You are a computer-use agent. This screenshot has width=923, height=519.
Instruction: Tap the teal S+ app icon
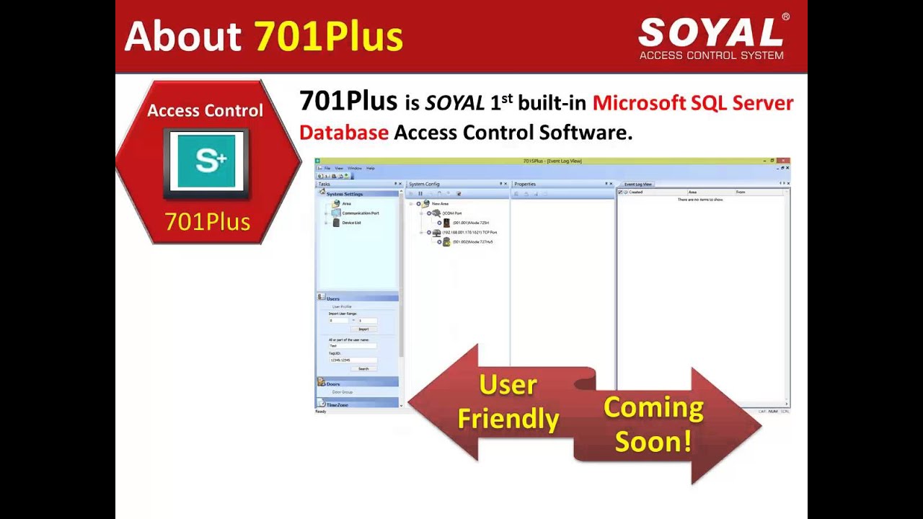[x=207, y=161]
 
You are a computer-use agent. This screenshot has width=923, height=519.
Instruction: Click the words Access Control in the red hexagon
[x=205, y=110]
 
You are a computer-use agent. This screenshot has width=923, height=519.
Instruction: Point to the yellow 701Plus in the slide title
[x=328, y=36]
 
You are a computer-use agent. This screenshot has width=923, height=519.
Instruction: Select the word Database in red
[x=343, y=133]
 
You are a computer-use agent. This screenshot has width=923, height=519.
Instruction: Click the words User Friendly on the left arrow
[x=508, y=402]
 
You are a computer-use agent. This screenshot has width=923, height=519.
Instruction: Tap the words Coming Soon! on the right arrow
[x=653, y=424]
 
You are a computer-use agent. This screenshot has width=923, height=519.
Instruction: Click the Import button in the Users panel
[x=363, y=329]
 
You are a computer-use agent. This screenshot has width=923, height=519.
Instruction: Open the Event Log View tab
[x=637, y=185]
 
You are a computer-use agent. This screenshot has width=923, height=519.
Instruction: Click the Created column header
[x=635, y=192]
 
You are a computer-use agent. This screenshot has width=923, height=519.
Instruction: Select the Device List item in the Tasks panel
[x=351, y=223]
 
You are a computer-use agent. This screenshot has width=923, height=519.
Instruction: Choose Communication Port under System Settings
[x=360, y=213]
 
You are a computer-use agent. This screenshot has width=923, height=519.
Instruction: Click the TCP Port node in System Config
[x=469, y=233]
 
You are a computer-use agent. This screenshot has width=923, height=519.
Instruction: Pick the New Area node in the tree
[x=440, y=204]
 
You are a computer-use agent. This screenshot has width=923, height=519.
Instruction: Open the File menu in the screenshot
[x=327, y=168]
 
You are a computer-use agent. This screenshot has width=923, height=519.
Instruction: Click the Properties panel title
[x=525, y=185]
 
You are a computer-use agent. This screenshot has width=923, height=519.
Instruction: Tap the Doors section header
[x=332, y=383]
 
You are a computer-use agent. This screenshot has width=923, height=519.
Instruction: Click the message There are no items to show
[x=699, y=200]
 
